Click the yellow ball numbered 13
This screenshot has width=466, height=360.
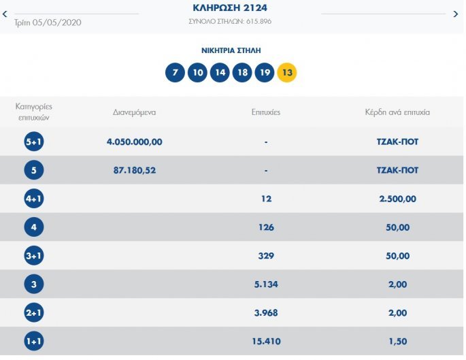point(286,72)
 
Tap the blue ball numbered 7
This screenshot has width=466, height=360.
point(175,72)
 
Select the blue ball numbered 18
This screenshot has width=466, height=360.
point(242,72)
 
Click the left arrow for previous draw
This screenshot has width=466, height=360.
point(5,13)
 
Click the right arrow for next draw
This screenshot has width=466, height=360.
point(456,14)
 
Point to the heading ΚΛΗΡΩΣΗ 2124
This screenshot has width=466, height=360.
point(231,8)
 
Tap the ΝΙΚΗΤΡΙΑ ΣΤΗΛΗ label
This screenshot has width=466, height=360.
point(231,50)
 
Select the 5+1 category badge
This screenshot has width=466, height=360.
point(34,142)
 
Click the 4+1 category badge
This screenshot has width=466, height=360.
point(34,199)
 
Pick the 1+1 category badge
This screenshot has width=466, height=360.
point(34,341)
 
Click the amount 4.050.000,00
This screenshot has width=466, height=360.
point(135,142)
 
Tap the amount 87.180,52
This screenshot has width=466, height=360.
point(135,170)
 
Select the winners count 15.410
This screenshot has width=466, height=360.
point(266,341)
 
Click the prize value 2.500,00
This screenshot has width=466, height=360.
point(397,199)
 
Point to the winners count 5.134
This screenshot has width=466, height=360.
point(266,284)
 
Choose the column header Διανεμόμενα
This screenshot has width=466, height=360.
point(135,112)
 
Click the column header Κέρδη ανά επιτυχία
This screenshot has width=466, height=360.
point(397,112)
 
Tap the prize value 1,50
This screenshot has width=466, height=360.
point(397,341)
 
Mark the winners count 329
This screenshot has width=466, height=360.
point(266,256)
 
